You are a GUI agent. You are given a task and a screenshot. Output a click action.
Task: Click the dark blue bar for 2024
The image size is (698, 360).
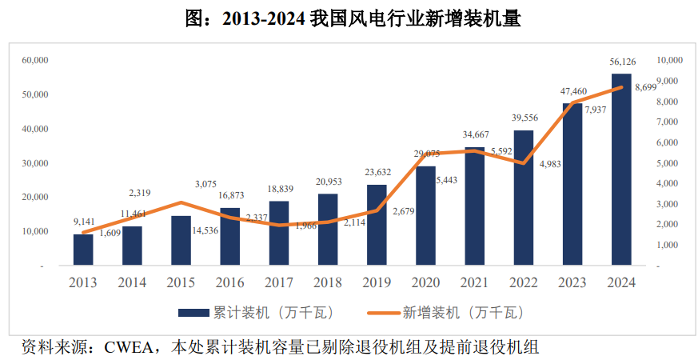pyautogui.click(x=621, y=169)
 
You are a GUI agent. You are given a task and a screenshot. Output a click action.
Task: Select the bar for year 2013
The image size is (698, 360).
pyautogui.click(x=83, y=250)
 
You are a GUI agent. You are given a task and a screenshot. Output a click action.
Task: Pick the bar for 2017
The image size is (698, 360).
pyautogui.click(x=279, y=233)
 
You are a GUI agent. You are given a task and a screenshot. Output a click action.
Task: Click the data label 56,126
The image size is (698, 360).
pyautogui.click(x=622, y=62)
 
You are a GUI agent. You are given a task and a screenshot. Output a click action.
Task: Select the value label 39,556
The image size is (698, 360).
pyautogui.click(x=524, y=118)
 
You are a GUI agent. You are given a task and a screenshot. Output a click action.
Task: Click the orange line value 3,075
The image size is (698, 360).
pyautogui.click(x=182, y=185)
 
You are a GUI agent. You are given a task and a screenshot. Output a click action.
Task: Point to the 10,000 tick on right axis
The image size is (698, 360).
pyautogui.click(x=668, y=60)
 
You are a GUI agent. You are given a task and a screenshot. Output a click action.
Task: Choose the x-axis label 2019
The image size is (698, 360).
pyautogui.click(x=377, y=282)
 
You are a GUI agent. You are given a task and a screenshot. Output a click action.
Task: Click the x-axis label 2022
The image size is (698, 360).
pyautogui.click(x=524, y=282)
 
